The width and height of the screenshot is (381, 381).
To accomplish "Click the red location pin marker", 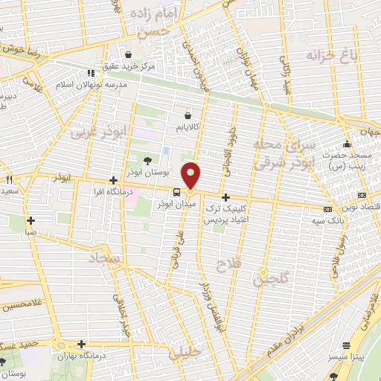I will (192, 174).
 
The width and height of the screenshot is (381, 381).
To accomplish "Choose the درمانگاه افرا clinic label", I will (112, 192).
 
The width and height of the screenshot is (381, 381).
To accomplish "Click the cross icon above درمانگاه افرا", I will (112, 180).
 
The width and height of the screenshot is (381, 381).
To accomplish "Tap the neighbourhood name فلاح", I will (225, 264).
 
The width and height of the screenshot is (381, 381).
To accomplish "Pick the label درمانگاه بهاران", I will (82, 356).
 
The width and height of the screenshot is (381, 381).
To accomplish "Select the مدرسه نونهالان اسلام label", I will (92, 85).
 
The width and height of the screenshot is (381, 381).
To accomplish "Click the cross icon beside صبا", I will (31, 220).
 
